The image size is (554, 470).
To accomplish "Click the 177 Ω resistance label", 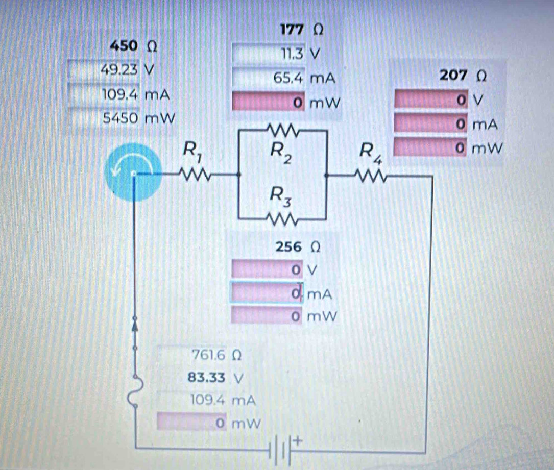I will click(x=302, y=30).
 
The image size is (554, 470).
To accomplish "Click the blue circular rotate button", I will click(x=133, y=170).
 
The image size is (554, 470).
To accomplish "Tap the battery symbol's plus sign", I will click(x=299, y=439).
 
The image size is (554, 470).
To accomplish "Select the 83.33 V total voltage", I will click(x=207, y=378).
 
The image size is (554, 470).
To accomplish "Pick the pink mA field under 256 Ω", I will click(x=267, y=293).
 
